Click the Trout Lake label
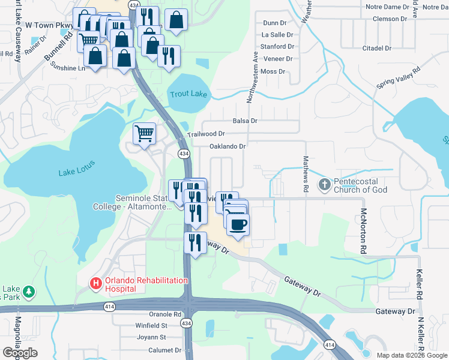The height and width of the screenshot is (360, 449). pyautogui.click(x=188, y=94)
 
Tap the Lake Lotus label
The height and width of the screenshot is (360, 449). pyautogui.click(x=76, y=173)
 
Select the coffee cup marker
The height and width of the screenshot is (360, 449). pyautogui.click(x=238, y=224)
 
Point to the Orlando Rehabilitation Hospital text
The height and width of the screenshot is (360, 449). pyautogui.click(x=146, y=284)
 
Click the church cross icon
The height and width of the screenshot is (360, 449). pyautogui.click(x=325, y=185)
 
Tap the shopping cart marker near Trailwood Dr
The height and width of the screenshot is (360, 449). pyautogui.click(x=144, y=133)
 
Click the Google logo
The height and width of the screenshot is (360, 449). pyautogui.click(x=20, y=353)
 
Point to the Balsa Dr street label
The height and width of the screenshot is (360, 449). pyautogui.click(x=245, y=121)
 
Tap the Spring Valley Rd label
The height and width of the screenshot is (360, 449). pyautogui.click(x=398, y=78)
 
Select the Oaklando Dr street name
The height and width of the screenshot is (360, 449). pyautogui.click(x=228, y=146)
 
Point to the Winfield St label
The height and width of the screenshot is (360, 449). pyautogui.click(x=151, y=326)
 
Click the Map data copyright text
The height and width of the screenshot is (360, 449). pyautogui.click(x=411, y=355)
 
